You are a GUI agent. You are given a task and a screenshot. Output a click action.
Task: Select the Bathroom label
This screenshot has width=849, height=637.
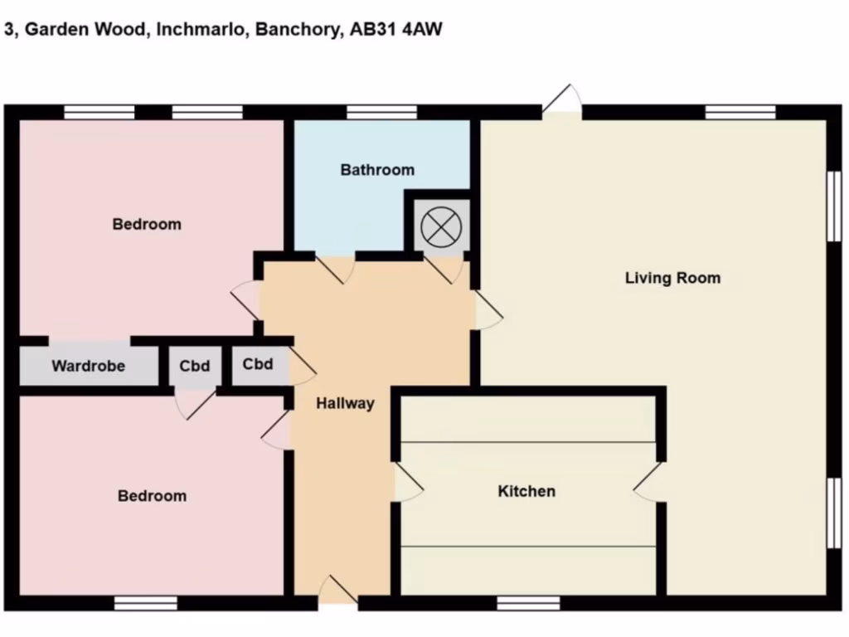tap(377, 170)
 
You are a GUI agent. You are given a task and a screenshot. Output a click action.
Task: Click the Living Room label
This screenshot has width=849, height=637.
tap(672, 278)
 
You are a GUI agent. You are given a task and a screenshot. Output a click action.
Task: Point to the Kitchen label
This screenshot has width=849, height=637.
tap(526, 491)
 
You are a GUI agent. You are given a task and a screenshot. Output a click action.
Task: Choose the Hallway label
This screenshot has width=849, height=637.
tap(345, 404)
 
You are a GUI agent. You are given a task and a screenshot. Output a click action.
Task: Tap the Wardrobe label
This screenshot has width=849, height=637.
tap(88, 366)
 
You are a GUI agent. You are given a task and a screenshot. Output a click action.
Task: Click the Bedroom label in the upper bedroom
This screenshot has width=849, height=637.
tap(147, 224)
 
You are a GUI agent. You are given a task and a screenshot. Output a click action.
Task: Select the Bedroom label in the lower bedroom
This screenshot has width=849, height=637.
tap(152, 496)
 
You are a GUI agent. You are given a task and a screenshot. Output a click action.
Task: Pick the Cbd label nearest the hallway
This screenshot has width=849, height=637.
tap(258, 364)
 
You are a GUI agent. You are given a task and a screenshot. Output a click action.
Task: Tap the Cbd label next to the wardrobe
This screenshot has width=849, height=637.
tap(195, 366)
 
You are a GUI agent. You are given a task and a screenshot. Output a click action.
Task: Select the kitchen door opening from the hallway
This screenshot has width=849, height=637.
tap(405, 482)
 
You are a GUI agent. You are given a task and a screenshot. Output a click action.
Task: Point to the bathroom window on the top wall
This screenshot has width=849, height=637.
tap(381, 112)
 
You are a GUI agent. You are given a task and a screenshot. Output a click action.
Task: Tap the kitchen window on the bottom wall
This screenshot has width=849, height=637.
tap(528, 603)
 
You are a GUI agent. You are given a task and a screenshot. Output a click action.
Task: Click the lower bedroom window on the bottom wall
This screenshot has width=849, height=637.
tap(146, 603)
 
